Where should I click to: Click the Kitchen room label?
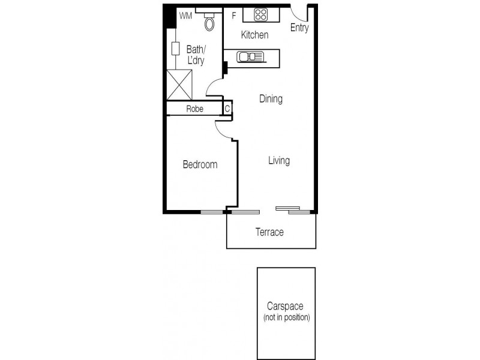coord(254,35)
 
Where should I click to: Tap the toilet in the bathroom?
coord(209,22)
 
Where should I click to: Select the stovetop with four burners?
coord(260,15)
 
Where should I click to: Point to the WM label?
coord(185,16)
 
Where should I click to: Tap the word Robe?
coord(194,109)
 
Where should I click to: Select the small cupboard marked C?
coord(227,109)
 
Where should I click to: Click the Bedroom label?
coord(200,164)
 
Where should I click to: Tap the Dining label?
coord(271,99)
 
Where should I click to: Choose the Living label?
coord(279,161)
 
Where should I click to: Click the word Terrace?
coord(269,232)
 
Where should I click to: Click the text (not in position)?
coord(286,316)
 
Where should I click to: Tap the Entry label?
coord(299,28)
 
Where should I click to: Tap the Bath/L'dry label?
coord(196,55)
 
